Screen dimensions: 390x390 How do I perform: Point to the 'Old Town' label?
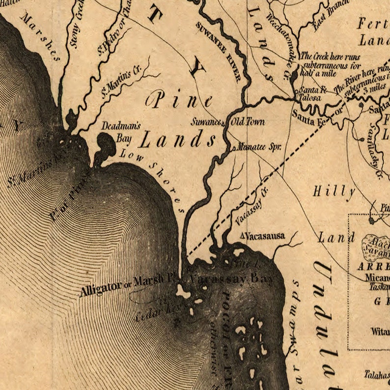tap(248, 121)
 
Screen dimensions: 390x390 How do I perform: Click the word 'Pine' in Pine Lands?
tap(180, 101)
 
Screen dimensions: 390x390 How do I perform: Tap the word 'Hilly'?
tap(334, 192)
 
